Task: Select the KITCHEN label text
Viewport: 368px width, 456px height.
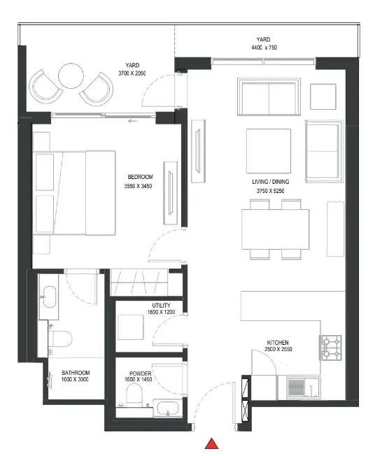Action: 278,343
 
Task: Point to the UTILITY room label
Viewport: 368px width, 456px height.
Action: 161,306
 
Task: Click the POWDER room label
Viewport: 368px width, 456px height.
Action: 140,373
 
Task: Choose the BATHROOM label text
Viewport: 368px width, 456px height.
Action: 76,373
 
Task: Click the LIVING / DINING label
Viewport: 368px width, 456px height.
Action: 271,182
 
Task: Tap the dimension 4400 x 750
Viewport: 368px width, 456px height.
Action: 264,48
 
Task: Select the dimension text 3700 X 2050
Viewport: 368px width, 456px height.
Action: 132,73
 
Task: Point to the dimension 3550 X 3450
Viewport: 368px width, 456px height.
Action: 139,186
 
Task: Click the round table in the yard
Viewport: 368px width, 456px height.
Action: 71,76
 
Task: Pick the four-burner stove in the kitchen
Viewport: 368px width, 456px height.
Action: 330,348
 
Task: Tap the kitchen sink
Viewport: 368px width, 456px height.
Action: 304,387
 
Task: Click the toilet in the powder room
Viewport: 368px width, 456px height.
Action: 134,394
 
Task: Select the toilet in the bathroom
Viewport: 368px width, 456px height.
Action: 60,339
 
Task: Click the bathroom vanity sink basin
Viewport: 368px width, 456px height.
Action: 50,297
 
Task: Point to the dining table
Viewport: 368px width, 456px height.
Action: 275,229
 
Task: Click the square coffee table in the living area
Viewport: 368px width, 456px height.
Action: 269,151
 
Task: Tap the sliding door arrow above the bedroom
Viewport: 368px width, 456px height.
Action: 133,121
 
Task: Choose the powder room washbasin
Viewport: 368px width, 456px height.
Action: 168,408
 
